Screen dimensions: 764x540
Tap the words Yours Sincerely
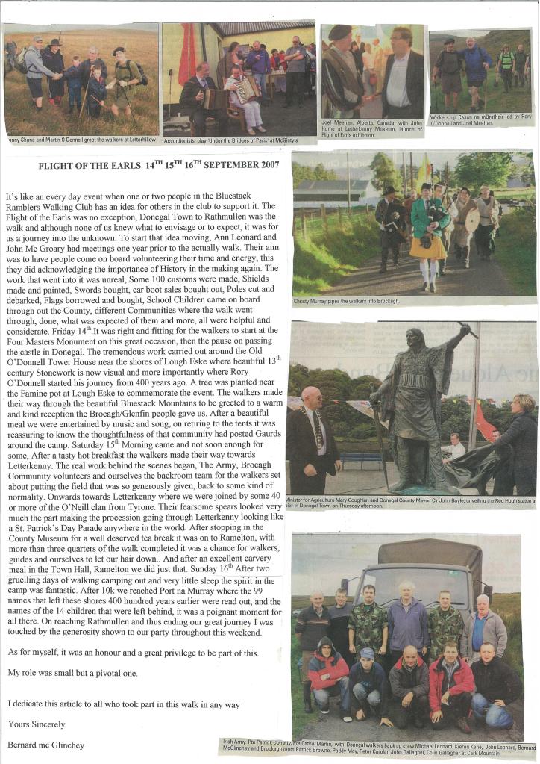36,724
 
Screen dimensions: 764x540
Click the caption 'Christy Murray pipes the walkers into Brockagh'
347,301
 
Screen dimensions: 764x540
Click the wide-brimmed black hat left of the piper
389,190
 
